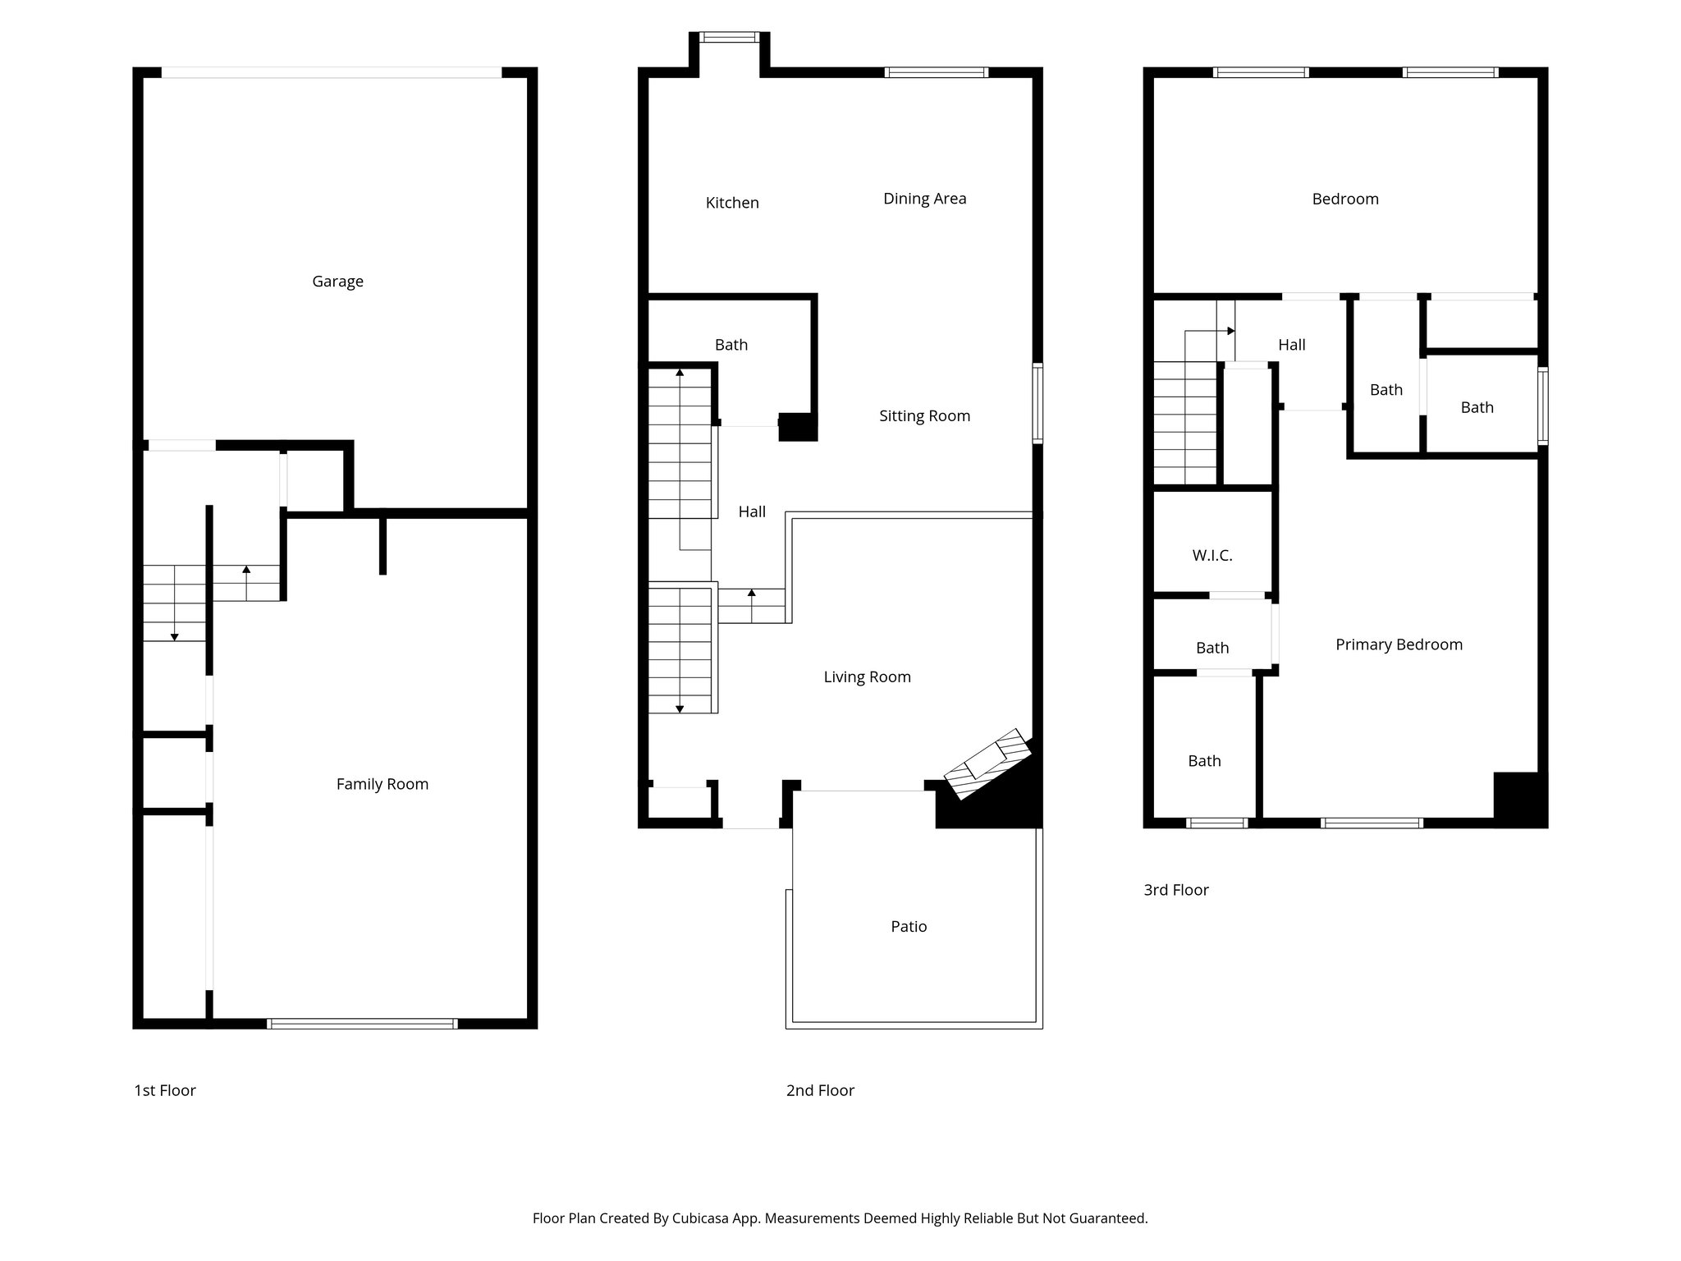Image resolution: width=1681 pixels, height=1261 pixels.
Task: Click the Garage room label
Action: point(337,282)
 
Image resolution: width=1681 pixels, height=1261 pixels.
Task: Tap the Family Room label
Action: point(382,784)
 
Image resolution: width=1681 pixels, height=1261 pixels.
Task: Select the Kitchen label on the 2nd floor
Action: point(731,203)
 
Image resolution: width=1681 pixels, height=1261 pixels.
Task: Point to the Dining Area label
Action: point(924,199)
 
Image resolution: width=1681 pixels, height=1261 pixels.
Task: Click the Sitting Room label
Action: point(924,416)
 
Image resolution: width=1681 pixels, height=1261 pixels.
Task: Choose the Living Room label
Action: point(867,677)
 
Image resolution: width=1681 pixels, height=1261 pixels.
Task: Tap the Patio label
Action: point(909,927)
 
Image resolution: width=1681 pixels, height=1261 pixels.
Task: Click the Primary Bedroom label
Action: point(1399,644)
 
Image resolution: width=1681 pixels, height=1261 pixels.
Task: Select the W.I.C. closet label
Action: point(1212,556)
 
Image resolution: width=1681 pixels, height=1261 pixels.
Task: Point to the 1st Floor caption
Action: point(165,1090)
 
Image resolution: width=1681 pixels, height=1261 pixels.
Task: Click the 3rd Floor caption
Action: point(1175,890)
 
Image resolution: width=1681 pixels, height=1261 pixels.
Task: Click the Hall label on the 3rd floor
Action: point(1291,345)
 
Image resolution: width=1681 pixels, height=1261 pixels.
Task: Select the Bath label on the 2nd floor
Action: point(731,345)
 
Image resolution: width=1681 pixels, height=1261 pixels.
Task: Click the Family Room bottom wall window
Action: point(362,1024)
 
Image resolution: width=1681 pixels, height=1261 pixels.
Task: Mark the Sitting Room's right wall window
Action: point(1037,404)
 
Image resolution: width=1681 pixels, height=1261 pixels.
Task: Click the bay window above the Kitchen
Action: point(730,37)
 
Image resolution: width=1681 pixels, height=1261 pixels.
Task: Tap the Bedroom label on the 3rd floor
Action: point(1344,199)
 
